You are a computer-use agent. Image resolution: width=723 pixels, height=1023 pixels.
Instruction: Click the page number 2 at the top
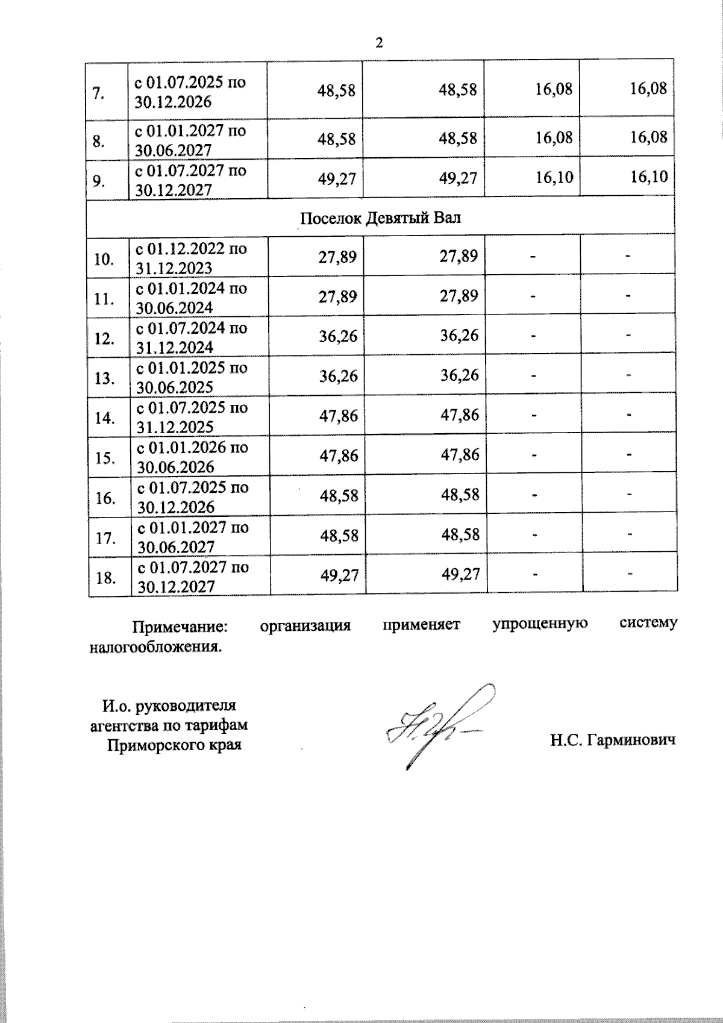click(379, 43)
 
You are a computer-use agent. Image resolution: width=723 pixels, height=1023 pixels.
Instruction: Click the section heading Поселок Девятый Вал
click(380, 217)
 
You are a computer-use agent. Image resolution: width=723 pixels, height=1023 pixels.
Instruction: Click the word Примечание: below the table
click(181, 626)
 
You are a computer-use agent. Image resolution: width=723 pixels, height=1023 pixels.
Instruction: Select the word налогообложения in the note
click(154, 647)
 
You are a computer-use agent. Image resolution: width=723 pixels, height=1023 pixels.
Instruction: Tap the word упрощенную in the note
click(540, 624)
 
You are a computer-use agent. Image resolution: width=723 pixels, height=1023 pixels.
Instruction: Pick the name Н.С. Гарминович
click(612, 739)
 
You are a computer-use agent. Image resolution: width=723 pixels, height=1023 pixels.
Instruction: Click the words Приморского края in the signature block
click(174, 745)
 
